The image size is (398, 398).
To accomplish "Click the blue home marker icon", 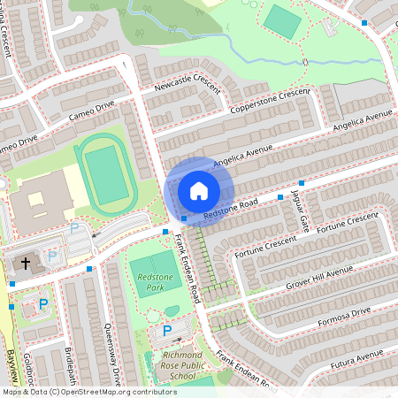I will [x=199, y=190].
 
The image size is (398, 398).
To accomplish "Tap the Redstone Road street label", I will [x=230, y=210].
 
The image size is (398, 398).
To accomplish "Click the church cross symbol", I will [x=26, y=263].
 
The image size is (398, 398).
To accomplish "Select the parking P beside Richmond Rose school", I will [x=168, y=331].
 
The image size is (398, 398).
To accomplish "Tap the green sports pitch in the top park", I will [x=283, y=21].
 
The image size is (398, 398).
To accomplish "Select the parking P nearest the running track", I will [x=75, y=228].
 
